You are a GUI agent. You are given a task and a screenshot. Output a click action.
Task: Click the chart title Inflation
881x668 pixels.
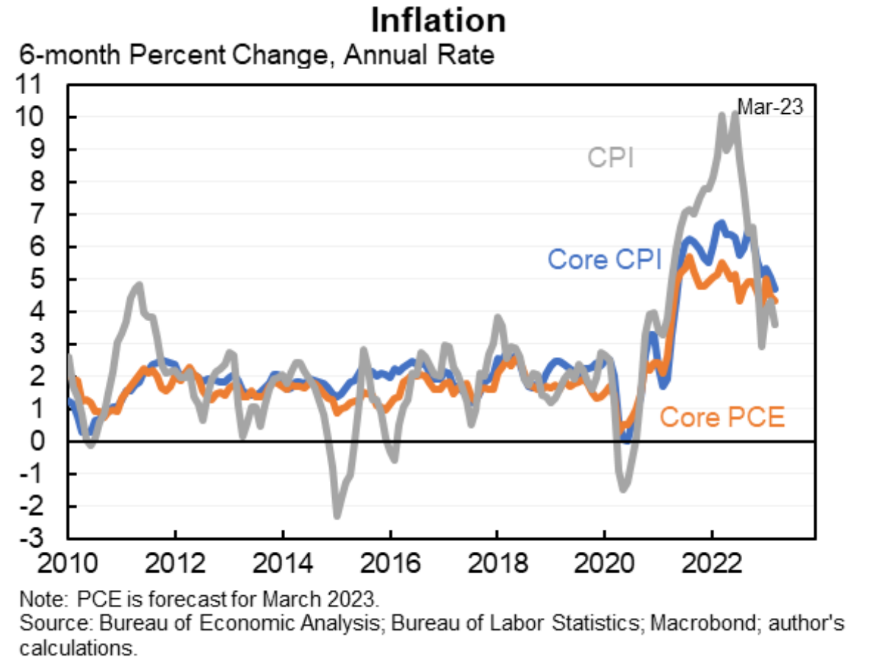pyautogui.click(x=438, y=20)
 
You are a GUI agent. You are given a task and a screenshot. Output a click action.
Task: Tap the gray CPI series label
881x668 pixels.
pyautogui.click(x=611, y=158)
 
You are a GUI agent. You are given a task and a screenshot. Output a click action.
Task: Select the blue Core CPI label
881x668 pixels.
pyautogui.click(x=605, y=259)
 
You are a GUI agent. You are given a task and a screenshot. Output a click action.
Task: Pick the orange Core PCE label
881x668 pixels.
pyautogui.click(x=722, y=417)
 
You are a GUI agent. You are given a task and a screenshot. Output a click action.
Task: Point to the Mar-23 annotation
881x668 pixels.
pyautogui.click(x=770, y=107)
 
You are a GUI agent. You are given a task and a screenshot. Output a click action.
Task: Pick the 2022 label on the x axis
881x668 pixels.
pyautogui.click(x=711, y=567)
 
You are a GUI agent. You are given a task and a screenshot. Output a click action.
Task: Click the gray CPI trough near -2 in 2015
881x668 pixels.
pyautogui.click(x=337, y=515)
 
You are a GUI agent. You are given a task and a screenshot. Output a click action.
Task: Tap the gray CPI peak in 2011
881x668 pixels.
pyautogui.click(x=138, y=284)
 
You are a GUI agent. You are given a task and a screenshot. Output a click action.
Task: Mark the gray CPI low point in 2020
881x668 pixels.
pyautogui.click(x=624, y=489)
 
